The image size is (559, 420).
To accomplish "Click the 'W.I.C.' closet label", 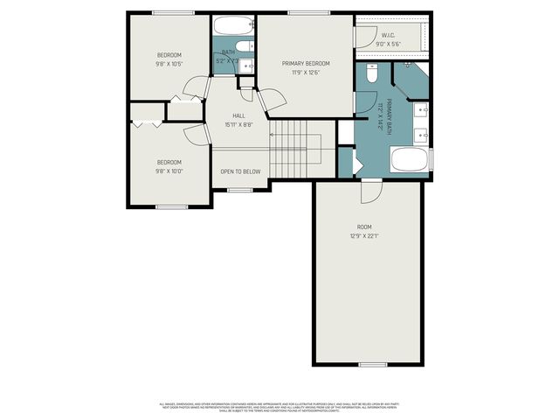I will pos(389,35).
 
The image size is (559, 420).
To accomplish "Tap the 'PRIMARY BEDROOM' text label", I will pos(306,64).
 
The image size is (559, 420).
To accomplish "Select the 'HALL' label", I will pos(238,115).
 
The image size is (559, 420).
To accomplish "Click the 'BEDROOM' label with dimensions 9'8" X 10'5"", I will pos(169,55).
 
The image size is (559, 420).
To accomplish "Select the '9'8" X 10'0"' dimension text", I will pos(169,171).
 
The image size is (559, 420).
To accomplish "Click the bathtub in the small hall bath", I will pos(232,25).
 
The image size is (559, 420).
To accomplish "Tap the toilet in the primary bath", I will pos(371,74).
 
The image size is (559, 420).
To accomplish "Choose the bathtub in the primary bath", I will pos(408,161).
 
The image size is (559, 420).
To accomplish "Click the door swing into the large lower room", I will pos(372,188).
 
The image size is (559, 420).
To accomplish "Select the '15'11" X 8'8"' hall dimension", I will pos(238,125).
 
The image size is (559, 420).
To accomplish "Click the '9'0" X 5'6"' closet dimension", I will pos(389,45).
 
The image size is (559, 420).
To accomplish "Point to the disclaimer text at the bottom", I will pos(279,406).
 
